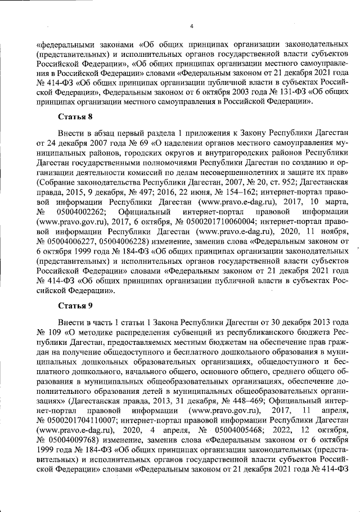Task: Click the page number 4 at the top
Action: pos(192,25)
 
